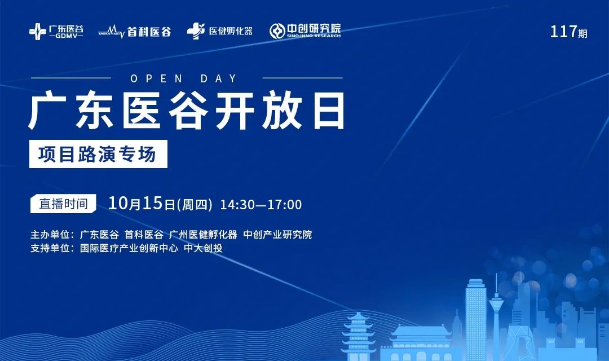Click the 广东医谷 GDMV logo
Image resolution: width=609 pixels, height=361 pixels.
coord(56,31)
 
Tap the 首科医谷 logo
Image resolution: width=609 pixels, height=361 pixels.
coord(135,32)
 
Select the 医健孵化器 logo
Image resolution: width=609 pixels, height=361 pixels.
coord(220,31)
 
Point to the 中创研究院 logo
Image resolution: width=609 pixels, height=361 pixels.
coord(305,30)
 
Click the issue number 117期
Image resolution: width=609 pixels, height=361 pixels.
coord(568,32)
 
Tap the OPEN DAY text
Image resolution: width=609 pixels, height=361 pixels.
coord(184,79)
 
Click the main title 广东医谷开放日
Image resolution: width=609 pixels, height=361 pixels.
coord(187,111)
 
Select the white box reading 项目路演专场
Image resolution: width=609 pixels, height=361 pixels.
coord(98,154)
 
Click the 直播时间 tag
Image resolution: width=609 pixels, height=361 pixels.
coord(63,204)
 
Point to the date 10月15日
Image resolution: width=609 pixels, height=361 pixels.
coord(142,204)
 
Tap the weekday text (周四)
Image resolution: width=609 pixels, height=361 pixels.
coord(195,204)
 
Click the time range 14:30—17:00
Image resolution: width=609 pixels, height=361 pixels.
coord(261,205)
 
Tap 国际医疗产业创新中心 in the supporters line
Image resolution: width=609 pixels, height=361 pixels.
coord(129,248)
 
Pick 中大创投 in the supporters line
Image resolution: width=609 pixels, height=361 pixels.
coord(203,248)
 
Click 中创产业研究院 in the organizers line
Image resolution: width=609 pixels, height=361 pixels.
coord(277,235)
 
